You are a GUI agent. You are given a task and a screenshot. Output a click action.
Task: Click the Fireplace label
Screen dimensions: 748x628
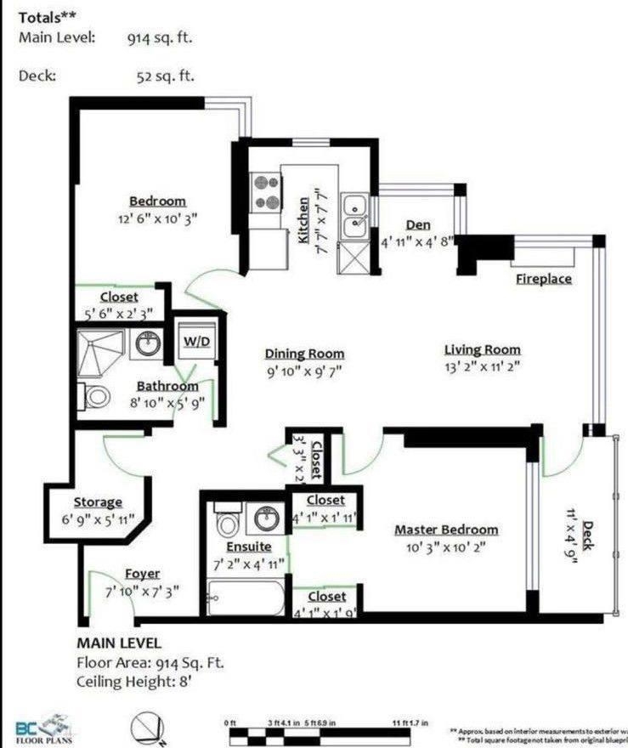[x=544, y=279]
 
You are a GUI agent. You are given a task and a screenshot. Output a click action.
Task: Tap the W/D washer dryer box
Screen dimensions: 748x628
[x=195, y=342]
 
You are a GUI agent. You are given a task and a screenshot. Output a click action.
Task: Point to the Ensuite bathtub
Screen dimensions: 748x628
[x=247, y=598]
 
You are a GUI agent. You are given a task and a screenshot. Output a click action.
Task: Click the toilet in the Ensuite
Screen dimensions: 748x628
[x=227, y=520]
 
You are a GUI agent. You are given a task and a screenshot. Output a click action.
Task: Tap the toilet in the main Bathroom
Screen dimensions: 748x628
[x=95, y=396]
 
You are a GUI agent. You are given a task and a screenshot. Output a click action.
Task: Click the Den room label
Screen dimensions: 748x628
[x=417, y=225]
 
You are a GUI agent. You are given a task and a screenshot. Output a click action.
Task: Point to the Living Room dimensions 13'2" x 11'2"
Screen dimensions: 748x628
[x=482, y=366]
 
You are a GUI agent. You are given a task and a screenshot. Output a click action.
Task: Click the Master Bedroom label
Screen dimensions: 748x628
[x=446, y=530]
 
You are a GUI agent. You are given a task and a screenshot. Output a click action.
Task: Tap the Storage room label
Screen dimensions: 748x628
[x=98, y=502]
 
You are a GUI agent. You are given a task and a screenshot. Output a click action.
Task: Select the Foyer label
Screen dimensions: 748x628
[x=142, y=574]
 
